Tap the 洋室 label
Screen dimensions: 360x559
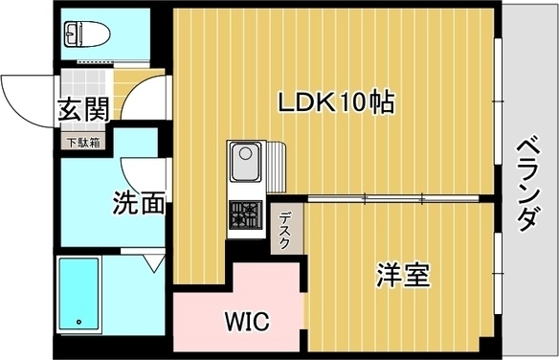(401, 276)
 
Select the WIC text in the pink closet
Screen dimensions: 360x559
(247, 319)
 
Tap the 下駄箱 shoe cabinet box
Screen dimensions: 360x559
(83, 143)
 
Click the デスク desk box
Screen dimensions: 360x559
(285, 230)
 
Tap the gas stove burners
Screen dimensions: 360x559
(244, 214)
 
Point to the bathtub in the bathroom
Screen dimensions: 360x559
(80, 295)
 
